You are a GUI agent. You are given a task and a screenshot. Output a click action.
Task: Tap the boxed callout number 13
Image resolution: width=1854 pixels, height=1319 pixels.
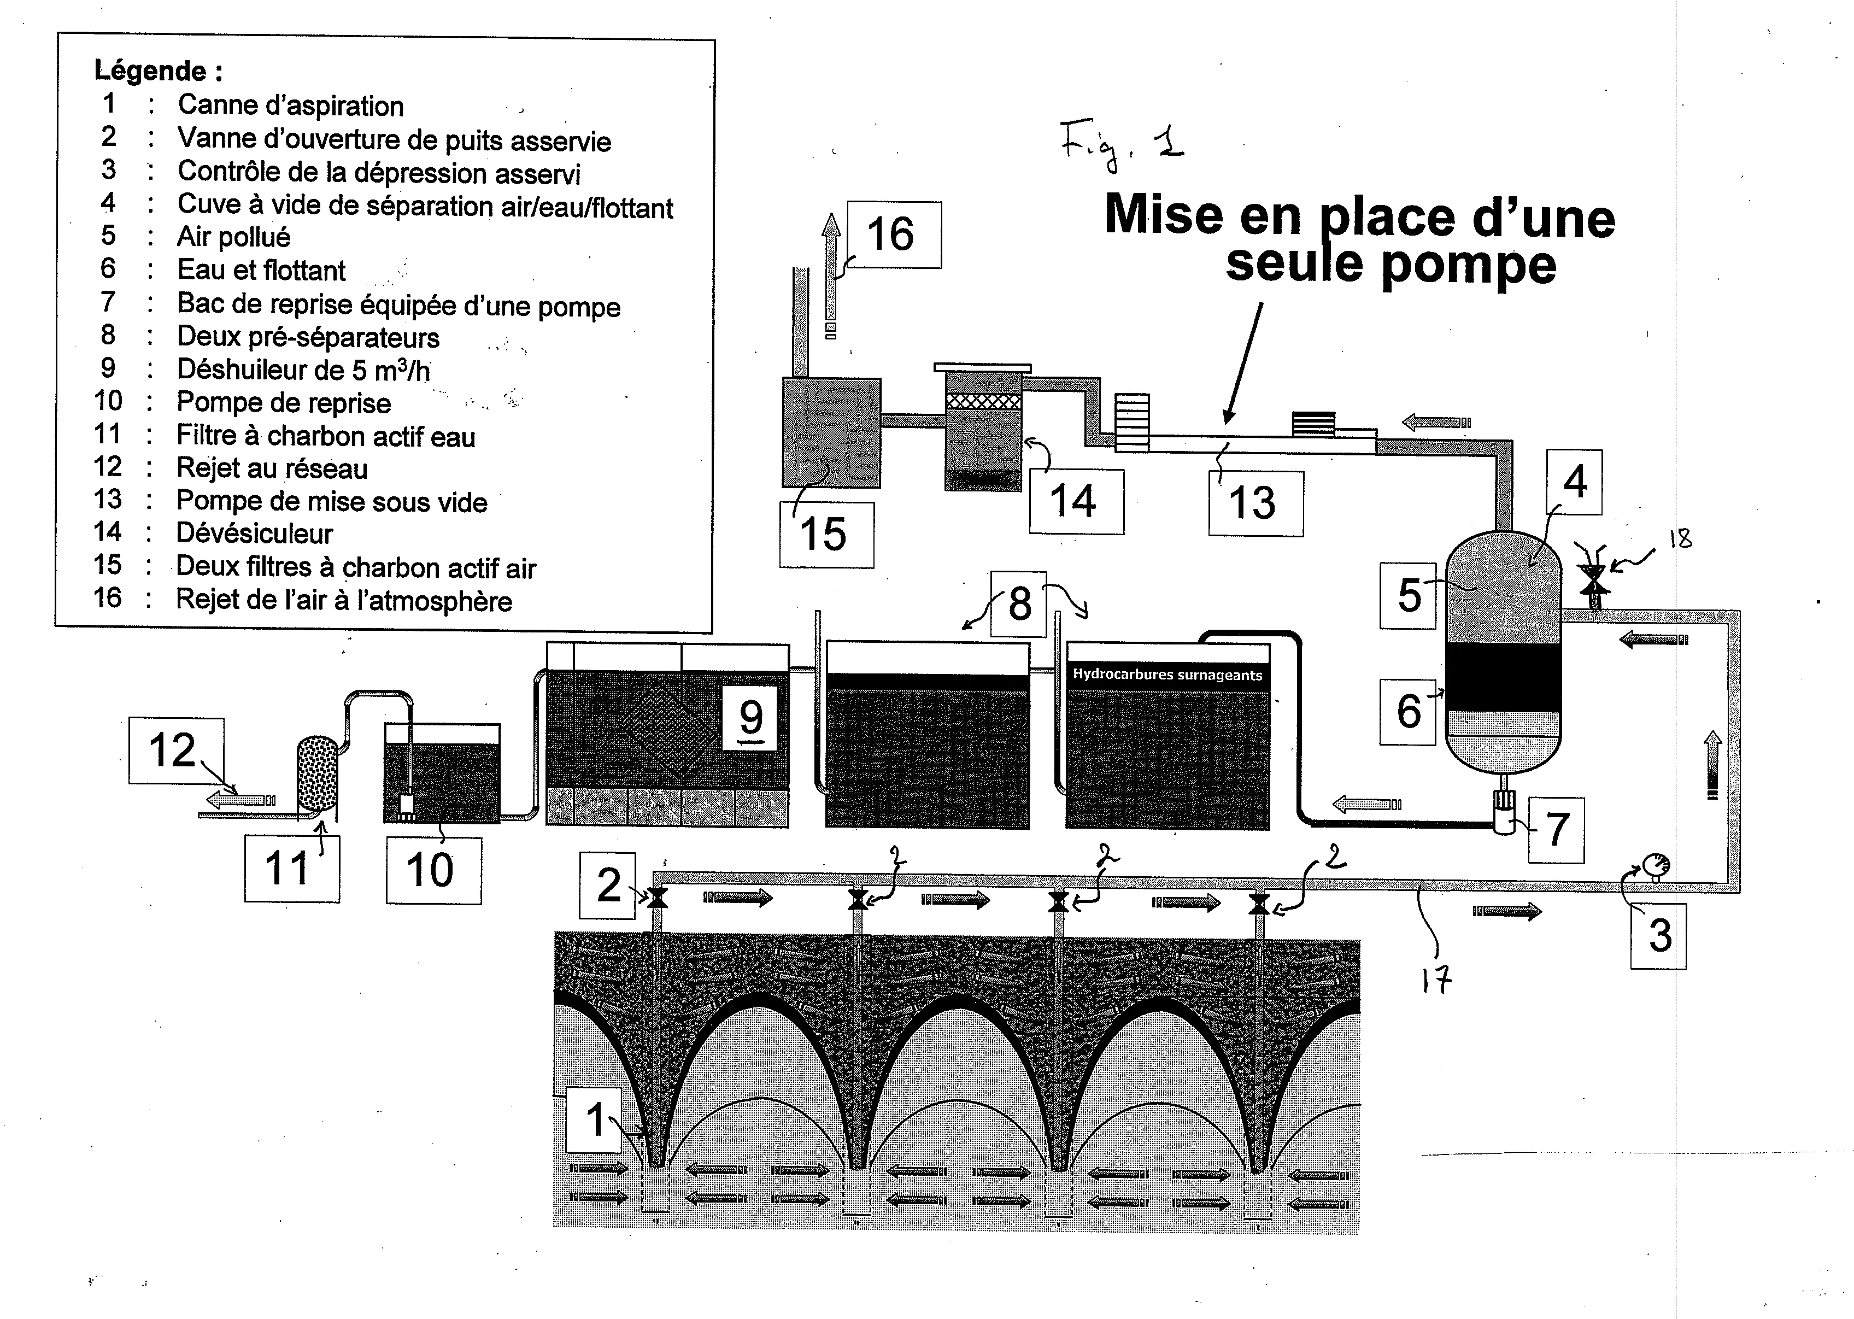[x=1253, y=503]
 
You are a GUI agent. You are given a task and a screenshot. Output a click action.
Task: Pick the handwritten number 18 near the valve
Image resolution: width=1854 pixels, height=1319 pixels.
[x=1680, y=538]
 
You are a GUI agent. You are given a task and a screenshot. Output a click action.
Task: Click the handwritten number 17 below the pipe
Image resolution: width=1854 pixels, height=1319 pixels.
[x=1436, y=982]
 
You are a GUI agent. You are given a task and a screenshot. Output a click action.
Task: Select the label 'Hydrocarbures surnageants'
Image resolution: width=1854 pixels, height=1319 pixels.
[x=1167, y=674]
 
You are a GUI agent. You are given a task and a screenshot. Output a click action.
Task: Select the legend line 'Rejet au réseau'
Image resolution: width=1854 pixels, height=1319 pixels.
[x=272, y=468]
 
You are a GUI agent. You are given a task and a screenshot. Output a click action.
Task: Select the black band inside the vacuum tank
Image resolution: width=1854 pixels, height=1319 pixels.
[x=1503, y=677]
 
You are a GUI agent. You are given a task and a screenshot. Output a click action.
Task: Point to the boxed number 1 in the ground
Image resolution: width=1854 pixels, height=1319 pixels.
[x=595, y=1120]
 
